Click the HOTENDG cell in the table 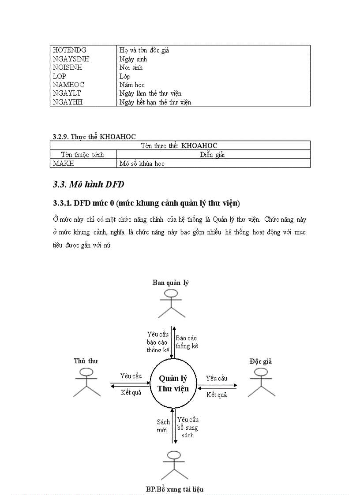69,50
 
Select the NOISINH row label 67,67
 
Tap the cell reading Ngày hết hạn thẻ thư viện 155,102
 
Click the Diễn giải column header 212,155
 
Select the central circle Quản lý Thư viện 173,383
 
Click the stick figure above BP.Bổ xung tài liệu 172,465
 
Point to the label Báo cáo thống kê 187,342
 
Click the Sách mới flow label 163,426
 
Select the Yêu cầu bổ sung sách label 187,427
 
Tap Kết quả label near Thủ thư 131,392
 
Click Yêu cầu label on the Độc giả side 216,378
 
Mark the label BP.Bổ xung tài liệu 175,489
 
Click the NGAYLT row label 67,93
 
